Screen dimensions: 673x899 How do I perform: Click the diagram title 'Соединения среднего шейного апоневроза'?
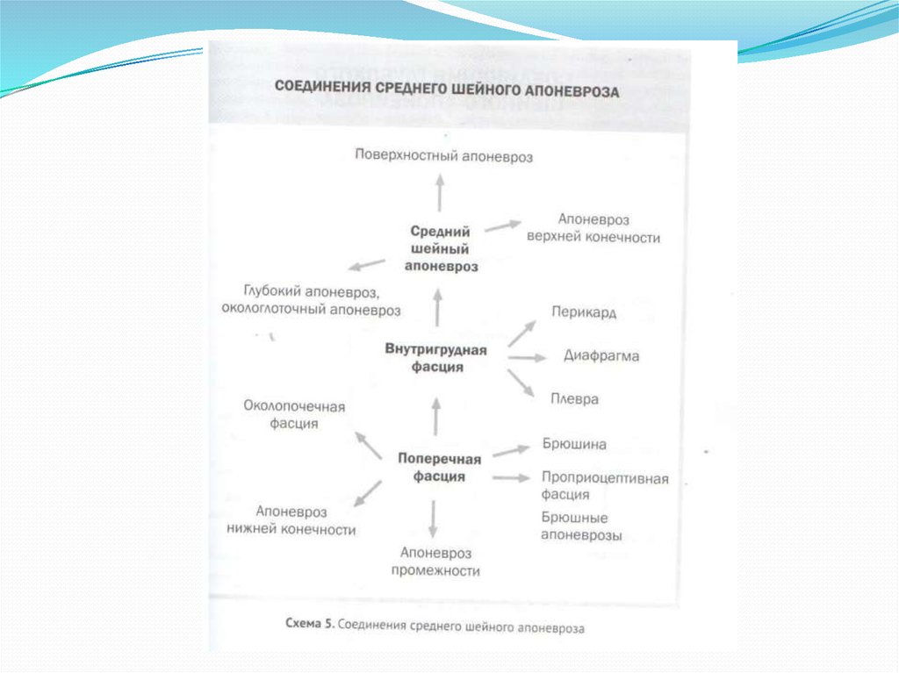tap(448, 90)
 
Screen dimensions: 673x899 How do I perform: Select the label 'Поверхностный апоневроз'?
tap(444, 155)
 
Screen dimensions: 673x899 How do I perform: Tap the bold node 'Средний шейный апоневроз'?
tap(440, 249)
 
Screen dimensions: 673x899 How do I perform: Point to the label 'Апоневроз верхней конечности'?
tap(593, 228)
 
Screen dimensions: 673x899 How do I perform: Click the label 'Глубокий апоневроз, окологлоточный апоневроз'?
tap(312, 299)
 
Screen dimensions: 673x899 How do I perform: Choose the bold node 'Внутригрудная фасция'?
tap(436, 358)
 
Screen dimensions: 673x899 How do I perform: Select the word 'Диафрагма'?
tap(601, 356)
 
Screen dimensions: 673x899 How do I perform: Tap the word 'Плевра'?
tap(575, 398)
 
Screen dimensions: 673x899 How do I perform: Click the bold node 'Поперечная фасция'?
tap(439, 468)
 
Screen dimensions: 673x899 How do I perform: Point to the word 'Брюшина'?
tap(574, 445)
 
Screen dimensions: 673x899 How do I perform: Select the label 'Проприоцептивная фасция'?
tap(604, 486)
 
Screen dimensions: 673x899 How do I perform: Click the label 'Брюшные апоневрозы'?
tap(581, 526)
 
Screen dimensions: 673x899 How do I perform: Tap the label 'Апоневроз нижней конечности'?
tap(291, 520)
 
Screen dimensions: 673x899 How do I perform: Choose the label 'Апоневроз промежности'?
tap(435, 562)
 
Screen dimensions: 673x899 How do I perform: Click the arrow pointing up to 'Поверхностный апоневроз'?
tap(439, 190)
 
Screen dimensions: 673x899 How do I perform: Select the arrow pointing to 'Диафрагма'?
tap(527, 358)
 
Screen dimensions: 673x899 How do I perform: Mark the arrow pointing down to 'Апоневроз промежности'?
tap(432, 518)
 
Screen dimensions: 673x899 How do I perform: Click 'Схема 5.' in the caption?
tap(310, 626)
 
